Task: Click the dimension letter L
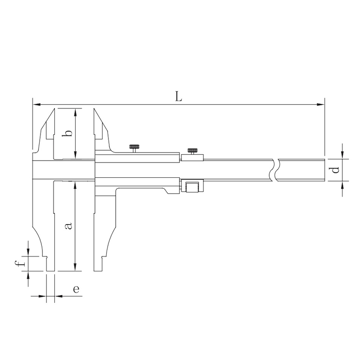tap(179, 96)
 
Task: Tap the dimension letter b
tap(67, 133)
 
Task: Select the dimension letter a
tap(69, 226)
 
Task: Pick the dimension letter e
tap(76, 289)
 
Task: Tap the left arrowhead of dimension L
tap(36, 105)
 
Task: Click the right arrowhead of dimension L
tap(321, 105)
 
